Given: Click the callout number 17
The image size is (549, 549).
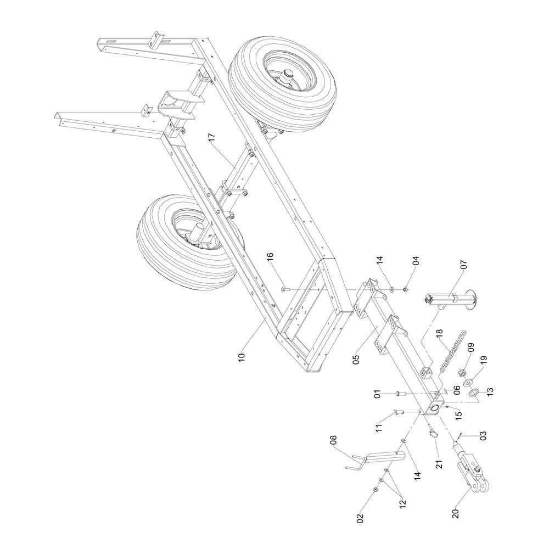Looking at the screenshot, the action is [x=212, y=138].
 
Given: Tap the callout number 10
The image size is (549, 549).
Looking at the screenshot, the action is [x=242, y=357].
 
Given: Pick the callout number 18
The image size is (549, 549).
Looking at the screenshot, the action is [x=439, y=334].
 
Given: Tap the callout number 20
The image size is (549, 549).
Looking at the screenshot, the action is [x=455, y=513].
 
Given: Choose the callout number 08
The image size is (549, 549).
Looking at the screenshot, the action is [x=333, y=440].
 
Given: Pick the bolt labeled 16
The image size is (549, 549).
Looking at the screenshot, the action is [x=284, y=289].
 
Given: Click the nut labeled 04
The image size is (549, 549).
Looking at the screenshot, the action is [x=405, y=289].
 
